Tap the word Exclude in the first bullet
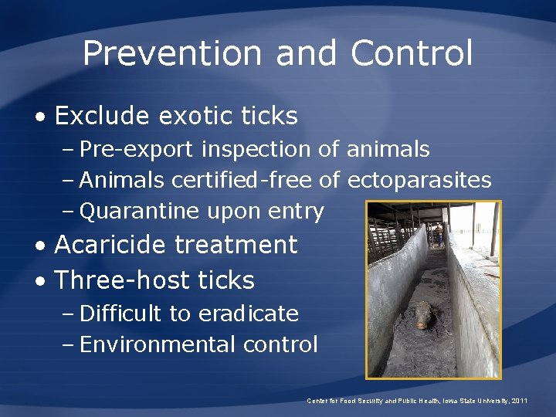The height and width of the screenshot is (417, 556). (102, 116)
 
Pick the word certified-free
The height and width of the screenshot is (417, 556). (242, 180)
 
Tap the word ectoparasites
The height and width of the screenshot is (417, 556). (419, 180)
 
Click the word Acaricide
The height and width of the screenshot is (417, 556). (110, 245)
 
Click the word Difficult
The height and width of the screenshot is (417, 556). (120, 314)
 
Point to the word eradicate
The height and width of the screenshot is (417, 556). (249, 314)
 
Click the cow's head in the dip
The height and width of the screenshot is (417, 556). (424, 314)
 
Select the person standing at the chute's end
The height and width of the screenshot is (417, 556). (439, 231)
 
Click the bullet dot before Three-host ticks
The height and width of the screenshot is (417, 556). (39, 280)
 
